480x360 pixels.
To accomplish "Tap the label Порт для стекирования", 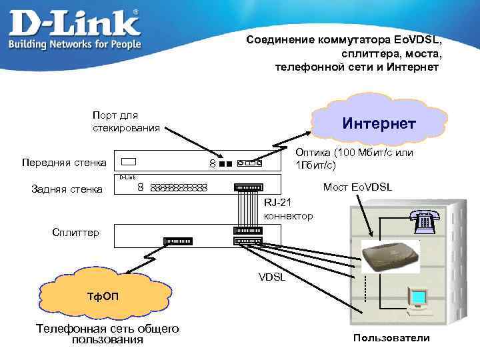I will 125,121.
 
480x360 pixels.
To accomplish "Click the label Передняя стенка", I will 63,162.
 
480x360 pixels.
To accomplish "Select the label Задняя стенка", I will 67,189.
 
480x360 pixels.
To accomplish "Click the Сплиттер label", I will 75,232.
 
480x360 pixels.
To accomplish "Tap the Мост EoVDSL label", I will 357,187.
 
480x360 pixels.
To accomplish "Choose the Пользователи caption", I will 391,338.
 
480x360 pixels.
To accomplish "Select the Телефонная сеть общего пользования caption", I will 107,334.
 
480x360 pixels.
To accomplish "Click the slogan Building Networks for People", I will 75,44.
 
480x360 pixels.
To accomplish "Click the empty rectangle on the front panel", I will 129,161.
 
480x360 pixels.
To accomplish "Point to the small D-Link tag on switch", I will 127,177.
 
